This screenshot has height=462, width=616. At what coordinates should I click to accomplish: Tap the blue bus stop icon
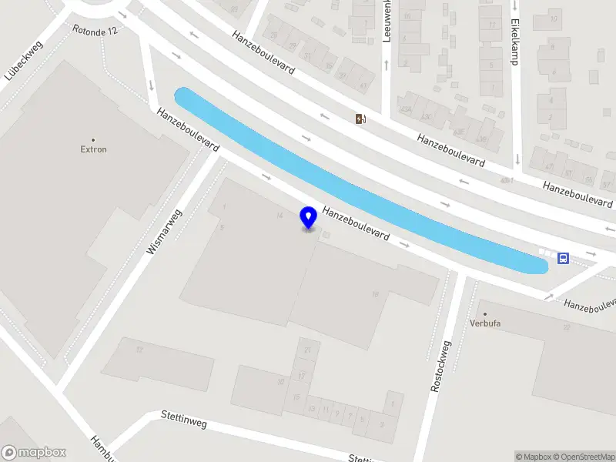563,259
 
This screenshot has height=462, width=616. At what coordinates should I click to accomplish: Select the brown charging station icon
360,118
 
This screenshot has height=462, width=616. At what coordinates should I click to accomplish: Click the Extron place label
94,149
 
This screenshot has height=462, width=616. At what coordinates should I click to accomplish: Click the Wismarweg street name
163,233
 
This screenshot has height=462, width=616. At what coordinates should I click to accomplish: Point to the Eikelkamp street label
514,42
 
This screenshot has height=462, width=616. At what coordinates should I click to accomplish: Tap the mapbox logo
34,453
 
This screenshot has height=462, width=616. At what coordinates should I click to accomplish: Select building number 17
302,375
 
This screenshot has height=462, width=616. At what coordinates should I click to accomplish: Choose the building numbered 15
296,397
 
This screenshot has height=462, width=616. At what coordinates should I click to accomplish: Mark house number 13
312,408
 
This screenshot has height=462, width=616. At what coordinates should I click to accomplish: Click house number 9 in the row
337,414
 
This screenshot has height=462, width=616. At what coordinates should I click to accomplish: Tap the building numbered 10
282,382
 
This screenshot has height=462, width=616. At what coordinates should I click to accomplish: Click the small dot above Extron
94,139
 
